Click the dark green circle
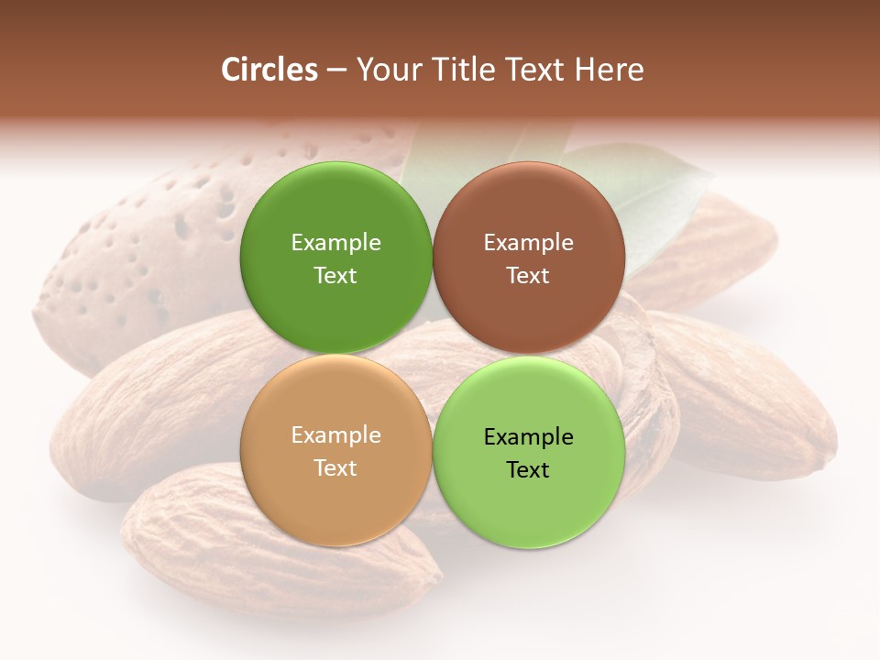point(335,258)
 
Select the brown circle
point(528,258)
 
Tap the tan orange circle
point(335,450)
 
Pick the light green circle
point(528,452)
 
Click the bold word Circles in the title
point(269,70)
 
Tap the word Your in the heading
point(387,70)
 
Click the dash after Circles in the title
point(335,71)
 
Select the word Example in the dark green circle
point(335,242)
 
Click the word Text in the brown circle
point(528,275)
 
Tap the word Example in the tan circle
point(335,434)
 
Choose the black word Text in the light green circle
point(528,469)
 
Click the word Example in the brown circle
point(528,242)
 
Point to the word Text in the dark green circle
point(335,275)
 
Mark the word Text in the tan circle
point(335,467)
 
